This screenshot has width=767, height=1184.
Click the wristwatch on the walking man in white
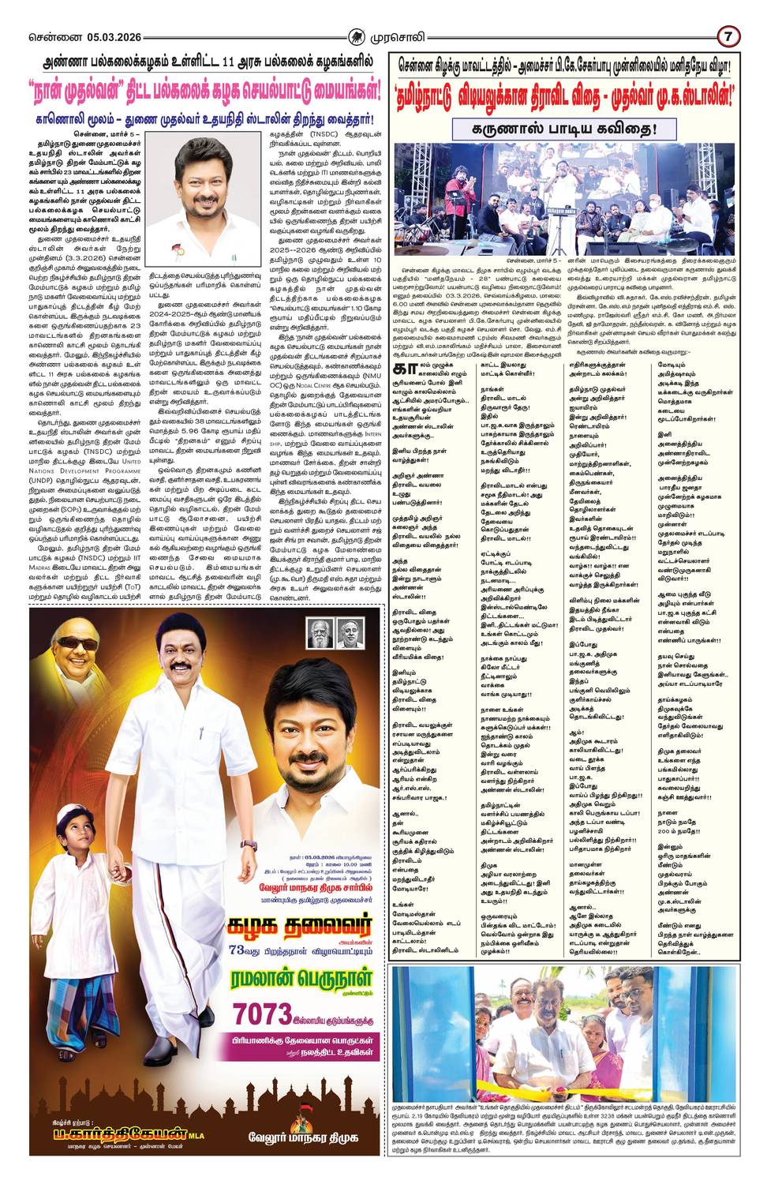249,845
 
